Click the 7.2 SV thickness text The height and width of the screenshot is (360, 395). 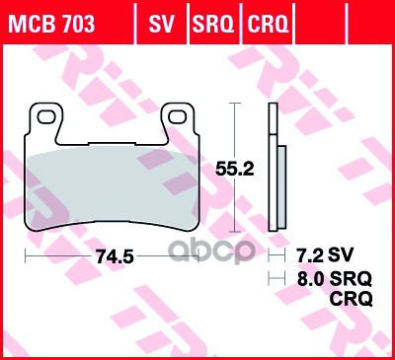coord(318,254)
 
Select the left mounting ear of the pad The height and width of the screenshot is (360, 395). coord(45,120)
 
